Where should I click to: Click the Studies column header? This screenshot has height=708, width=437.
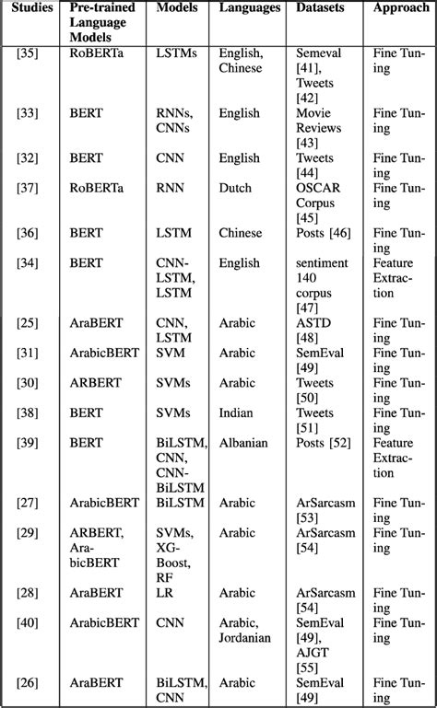pyautogui.click(x=30, y=7)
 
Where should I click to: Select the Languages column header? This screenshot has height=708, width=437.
pyautogui.click(x=250, y=7)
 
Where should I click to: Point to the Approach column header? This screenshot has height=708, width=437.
pyautogui.click(x=400, y=7)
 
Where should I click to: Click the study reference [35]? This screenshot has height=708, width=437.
pyautogui.click(x=28, y=53)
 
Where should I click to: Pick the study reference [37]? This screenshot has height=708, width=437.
pyautogui.click(x=28, y=189)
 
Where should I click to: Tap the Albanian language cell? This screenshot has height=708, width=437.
pyautogui.click(x=243, y=443)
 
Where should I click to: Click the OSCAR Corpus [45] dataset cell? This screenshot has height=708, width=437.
pyautogui.click(x=318, y=203)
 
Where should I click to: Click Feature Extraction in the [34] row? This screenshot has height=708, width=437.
pyautogui.click(x=395, y=278)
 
